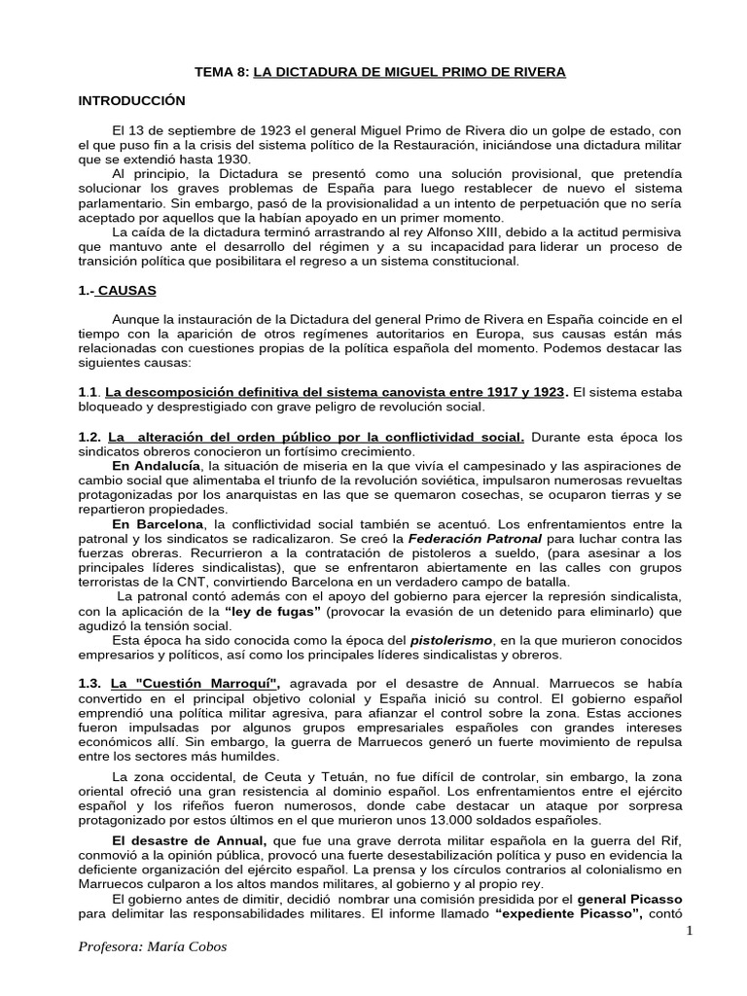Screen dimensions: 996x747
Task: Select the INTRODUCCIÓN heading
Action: [130, 100]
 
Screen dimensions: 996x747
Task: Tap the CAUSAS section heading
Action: [127, 290]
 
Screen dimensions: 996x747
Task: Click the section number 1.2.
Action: [90, 438]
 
